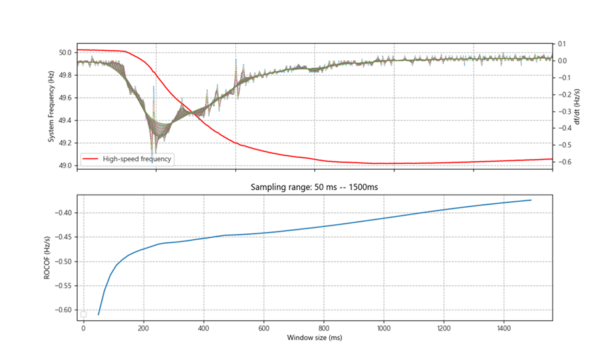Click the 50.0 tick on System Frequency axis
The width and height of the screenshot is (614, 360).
pos(65,52)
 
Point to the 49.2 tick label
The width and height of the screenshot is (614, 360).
pos(65,143)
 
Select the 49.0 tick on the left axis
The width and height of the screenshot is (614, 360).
pos(65,165)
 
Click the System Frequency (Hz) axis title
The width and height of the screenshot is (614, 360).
pos(51,106)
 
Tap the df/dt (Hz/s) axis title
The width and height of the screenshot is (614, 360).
pos(577,106)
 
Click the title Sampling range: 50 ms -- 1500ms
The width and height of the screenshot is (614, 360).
pos(315,187)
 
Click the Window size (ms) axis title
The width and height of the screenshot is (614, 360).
pos(315,338)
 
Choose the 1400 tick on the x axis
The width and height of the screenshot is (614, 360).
pos(504,329)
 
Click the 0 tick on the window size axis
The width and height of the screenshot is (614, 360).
pos(84,329)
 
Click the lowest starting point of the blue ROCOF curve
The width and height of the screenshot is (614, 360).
pos(99,314)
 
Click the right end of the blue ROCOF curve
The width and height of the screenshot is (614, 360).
pos(531,200)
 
